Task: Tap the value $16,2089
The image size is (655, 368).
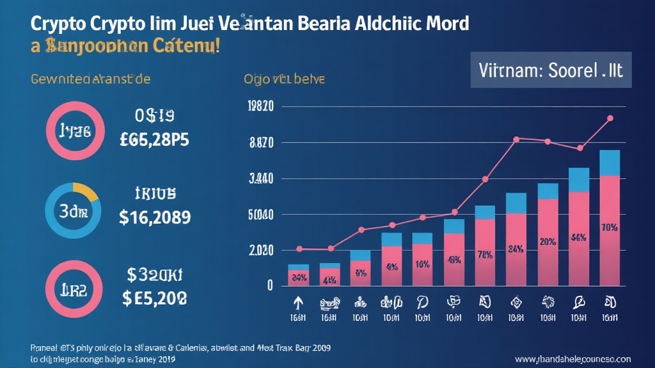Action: point(155,217)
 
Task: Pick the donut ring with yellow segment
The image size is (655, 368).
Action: point(72,210)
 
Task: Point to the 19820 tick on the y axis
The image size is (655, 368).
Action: point(260,107)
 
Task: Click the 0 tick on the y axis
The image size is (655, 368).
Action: point(270,285)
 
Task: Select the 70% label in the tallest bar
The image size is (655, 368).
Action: point(610,227)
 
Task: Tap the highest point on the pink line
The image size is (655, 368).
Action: point(610,118)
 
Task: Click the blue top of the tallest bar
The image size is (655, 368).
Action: point(610,163)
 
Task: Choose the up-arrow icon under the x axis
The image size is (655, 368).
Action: point(297,302)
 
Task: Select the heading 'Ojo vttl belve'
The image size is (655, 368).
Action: point(284,80)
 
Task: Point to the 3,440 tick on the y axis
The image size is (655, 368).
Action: point(261,179)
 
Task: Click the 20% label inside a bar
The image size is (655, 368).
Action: point(548,242)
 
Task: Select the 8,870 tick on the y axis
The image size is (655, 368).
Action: point(261,143)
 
